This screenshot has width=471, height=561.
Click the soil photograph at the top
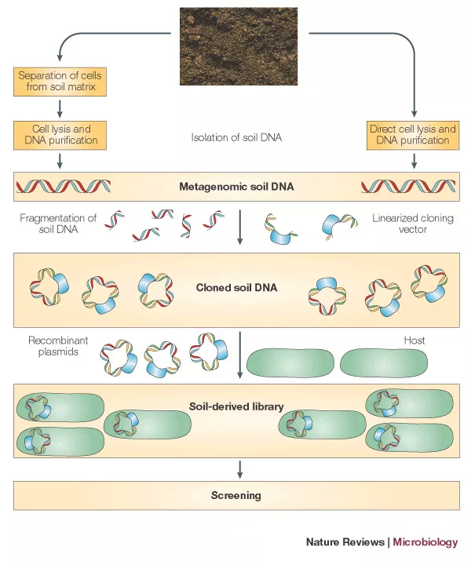click(239, 46)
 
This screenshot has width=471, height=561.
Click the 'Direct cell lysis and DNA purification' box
click(413, 134)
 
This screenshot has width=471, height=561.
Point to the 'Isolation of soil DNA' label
click(235, 137)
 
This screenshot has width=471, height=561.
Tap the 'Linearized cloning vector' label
click(413, 224)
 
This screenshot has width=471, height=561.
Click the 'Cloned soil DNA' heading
click(236, 287)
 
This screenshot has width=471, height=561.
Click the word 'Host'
click(414, 341)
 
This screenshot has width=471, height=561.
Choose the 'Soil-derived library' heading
click(236, 406)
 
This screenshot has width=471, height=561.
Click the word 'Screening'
click(236, 495)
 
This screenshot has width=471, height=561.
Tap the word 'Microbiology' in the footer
click(425, 542)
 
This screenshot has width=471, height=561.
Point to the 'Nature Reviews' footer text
click(345, 542)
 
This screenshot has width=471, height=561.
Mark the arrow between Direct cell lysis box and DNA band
click(414, 161)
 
